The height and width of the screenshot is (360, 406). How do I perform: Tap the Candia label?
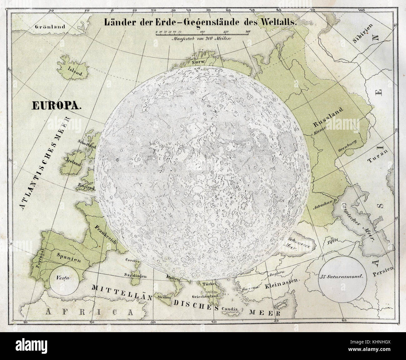[230, 309]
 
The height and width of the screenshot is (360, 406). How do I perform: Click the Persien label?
[384, 273]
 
